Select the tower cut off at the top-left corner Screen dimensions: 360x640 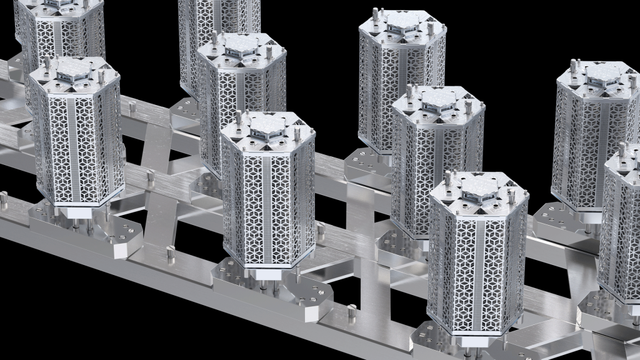point(59,25)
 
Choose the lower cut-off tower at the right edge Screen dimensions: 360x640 point(622,225)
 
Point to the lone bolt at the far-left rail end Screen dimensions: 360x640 point(4,199)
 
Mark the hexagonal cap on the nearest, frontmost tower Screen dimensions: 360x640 point(479,187)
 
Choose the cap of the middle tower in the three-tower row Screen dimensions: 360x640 point(437,101)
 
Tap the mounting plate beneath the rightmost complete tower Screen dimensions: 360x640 point(556,219)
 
